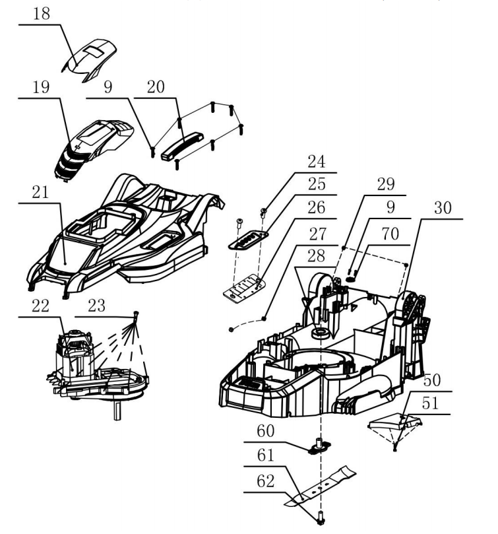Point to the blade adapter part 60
(320, 448)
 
